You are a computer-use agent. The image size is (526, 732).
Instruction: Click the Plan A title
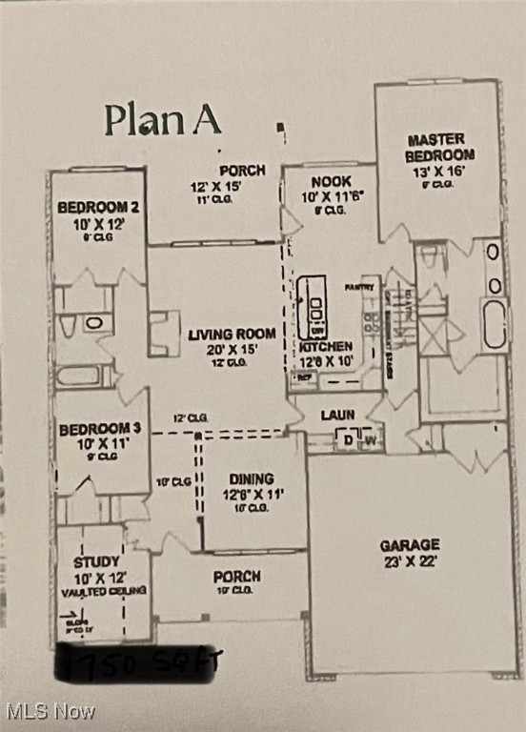click(162, 120)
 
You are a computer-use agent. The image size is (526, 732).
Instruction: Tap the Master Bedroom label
click(438, 147)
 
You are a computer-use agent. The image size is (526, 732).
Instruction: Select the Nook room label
click(331, 181)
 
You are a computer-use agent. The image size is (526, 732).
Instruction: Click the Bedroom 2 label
click(99, 207)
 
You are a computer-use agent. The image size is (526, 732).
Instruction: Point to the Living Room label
click(232, 335)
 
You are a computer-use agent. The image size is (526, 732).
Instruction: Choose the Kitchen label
click(326, 347)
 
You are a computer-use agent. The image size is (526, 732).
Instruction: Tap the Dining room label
click(251, 478)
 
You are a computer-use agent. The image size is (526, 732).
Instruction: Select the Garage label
click(410, 545)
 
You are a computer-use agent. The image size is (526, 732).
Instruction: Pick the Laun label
click(337, 416)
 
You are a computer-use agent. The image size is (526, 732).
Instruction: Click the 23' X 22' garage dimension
click(410, 561)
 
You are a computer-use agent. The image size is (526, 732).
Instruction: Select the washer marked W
click(370, 439)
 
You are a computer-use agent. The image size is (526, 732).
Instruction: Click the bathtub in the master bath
click(493, 324)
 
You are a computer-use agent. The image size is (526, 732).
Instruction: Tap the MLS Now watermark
click(51, 711)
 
